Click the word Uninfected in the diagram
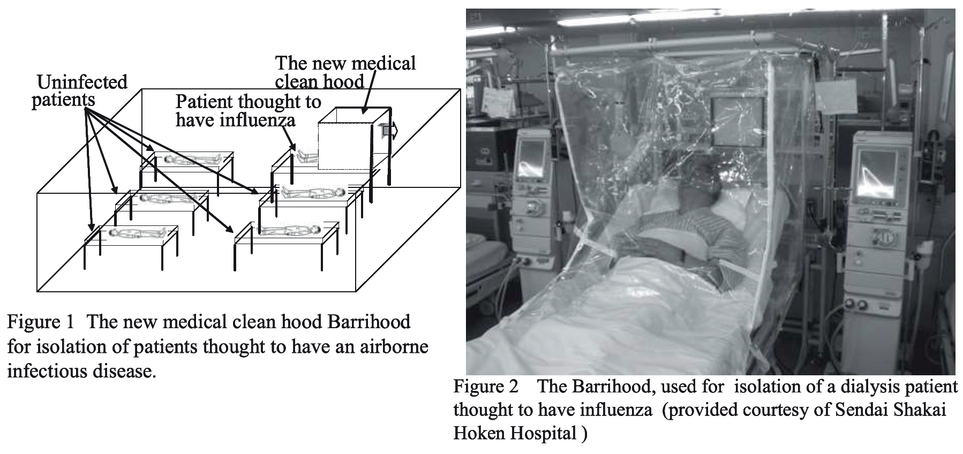tap(82, 82)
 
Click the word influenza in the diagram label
tap(258, 119)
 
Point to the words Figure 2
tap(486, 387)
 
